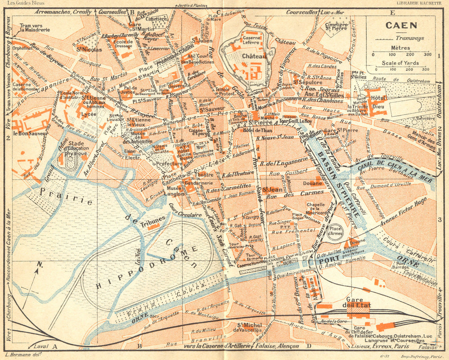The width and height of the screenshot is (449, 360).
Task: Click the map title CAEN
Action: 401,26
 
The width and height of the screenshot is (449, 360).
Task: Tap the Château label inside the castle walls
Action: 251,57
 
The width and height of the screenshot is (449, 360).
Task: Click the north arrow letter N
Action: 39,264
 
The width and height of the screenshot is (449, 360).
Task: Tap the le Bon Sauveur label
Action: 27,133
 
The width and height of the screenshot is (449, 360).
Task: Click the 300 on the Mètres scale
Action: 427,54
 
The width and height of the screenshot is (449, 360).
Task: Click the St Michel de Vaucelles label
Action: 249,327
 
